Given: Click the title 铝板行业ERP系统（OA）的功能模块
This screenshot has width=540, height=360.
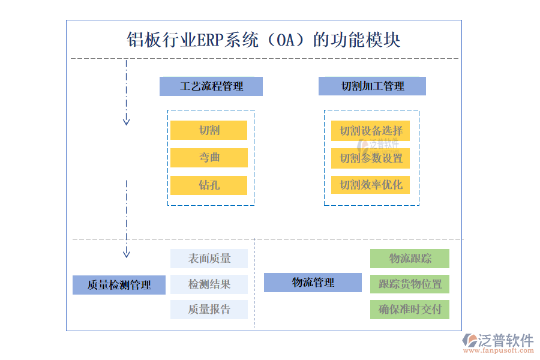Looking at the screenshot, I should [263, 40].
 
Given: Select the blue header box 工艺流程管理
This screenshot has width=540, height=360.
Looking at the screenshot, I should [211, 86].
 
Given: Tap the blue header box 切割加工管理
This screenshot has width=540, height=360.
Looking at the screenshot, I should [372, 86].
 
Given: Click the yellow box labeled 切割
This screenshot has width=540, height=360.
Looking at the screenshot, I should [209, 130].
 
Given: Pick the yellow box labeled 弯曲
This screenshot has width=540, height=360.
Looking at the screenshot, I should [209, 158].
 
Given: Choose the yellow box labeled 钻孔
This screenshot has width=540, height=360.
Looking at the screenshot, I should [209, 185].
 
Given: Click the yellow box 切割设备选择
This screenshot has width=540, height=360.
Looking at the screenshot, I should [371, 131].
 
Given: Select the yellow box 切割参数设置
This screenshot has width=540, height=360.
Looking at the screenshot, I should [371, 158].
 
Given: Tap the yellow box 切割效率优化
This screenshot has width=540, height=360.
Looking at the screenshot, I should [371, 185].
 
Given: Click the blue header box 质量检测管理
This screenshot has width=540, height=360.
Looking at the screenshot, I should [119, 285].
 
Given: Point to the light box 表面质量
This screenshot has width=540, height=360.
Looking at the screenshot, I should [209, 259].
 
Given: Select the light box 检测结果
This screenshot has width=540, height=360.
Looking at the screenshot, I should [209, 284].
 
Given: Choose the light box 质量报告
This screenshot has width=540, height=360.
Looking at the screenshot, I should [209, 310].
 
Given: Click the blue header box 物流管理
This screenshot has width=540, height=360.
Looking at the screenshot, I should [313, 283].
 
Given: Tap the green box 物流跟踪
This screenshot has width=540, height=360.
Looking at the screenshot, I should [410, 259].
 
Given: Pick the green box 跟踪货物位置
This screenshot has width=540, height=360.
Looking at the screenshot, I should [410, 284].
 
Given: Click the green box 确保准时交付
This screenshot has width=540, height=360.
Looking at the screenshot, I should [410, 310].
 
